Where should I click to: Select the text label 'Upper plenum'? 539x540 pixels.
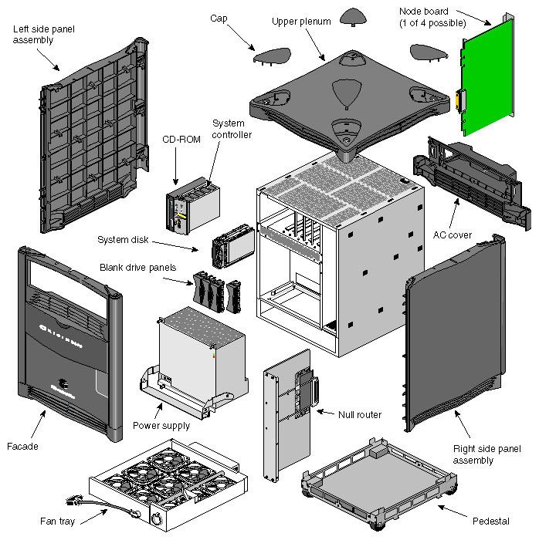click(300, 22)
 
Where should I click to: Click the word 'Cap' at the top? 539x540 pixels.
click(218, 16)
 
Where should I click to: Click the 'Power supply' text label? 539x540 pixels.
click(161, 425)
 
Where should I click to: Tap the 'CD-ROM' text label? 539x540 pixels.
click(178, 140)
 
